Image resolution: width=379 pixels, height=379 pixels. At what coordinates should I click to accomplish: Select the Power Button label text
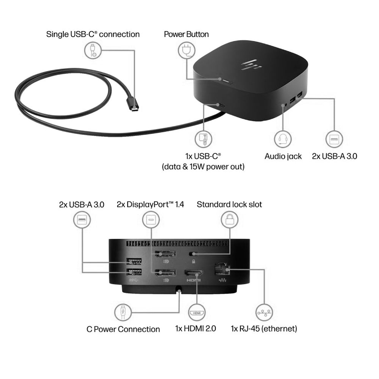[186, 34]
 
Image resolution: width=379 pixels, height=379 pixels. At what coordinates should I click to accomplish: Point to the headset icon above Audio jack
[283, 139]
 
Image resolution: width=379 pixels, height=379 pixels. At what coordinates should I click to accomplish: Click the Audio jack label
[283, 156]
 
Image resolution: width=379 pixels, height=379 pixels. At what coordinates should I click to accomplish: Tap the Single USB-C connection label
[93, 34]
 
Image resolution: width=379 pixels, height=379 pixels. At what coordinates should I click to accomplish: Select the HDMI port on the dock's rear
[193, 273]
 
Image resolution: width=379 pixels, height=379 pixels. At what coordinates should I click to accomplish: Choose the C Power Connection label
[123, 329]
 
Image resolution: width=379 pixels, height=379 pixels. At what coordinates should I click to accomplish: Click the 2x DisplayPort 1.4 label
[150, 205]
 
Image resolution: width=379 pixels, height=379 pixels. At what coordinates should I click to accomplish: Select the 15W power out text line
[203, 166]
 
